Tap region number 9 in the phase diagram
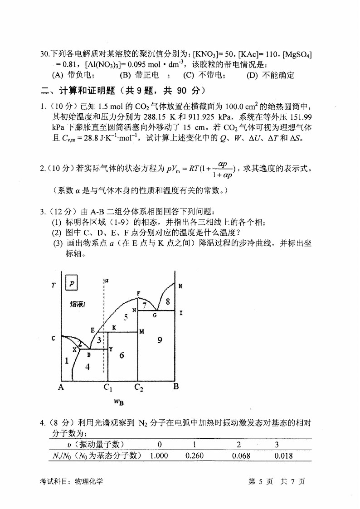click(x=160, y=340)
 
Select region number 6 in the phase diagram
click(x=122, y=355)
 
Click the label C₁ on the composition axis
click(x=108, y=388)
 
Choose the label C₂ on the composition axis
click(x=139, y=388)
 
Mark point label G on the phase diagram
click(x=154, y=315)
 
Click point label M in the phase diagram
click(x=142, y=331)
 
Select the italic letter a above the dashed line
click(x=106, y=281)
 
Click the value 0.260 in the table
click(x=195, y=456)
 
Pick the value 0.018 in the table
click(x=283, y=456)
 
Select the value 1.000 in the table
click(x=159, y=456)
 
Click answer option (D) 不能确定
click(x=270, y=75)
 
